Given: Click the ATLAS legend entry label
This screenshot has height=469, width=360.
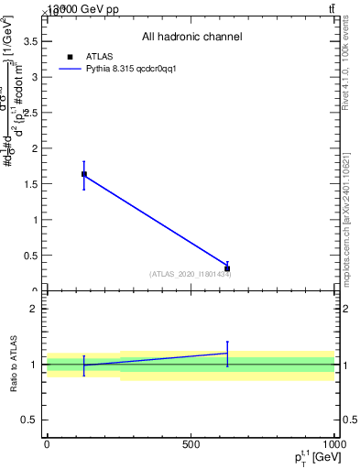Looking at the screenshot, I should [x=100, y=56].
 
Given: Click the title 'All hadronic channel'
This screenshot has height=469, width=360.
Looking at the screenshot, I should [x=191, y=37].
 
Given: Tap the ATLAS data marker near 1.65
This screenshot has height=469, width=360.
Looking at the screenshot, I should [x=84, y=174].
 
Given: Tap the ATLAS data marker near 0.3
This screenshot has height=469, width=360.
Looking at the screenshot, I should [x=227, y=268].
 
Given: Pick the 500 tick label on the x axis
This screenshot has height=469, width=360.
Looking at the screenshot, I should [x=191, y=444].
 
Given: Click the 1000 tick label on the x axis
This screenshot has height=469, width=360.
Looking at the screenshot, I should [x=333, y=444].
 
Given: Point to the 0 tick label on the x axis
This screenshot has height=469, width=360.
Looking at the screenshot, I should [x=47, y=444].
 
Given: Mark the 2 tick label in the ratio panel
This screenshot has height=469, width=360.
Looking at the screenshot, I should [x=33, y=309].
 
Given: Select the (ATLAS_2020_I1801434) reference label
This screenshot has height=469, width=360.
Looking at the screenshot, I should [x=190, y=274].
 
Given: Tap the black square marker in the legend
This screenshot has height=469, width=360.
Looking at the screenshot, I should [x=71, y=56].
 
